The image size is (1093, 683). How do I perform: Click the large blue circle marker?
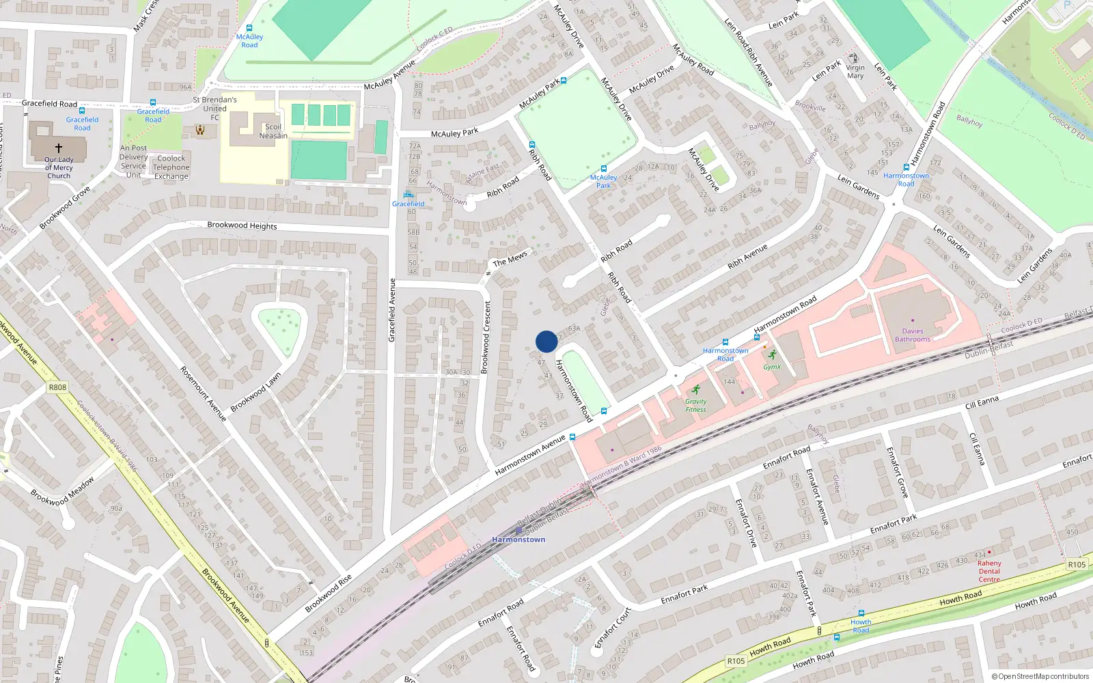point(546,341)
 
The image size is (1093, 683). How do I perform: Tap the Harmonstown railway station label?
point(518,540)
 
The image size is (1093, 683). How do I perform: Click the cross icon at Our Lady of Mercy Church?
point(59,148)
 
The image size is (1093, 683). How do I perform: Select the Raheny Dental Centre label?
point(988,571)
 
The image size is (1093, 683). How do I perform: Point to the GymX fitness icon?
point(772,355)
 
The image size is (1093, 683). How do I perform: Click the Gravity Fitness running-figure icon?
point(696,390)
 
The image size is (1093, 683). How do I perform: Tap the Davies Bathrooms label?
point(913,335)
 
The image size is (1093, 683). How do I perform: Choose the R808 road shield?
point(57,387)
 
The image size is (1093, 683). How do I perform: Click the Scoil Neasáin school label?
point(273,131)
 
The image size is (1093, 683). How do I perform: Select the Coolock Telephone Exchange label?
point(171,167)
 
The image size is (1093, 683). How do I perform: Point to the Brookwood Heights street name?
point(242,225)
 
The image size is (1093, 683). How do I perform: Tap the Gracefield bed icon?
point(409,195)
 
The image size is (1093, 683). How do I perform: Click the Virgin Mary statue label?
point(855,72)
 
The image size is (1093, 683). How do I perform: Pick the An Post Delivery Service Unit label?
point(133,161)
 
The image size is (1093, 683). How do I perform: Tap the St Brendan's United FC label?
point(215,108)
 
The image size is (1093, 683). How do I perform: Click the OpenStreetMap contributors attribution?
point(1040,676)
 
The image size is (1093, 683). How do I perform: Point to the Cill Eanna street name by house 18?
point(982,402)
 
